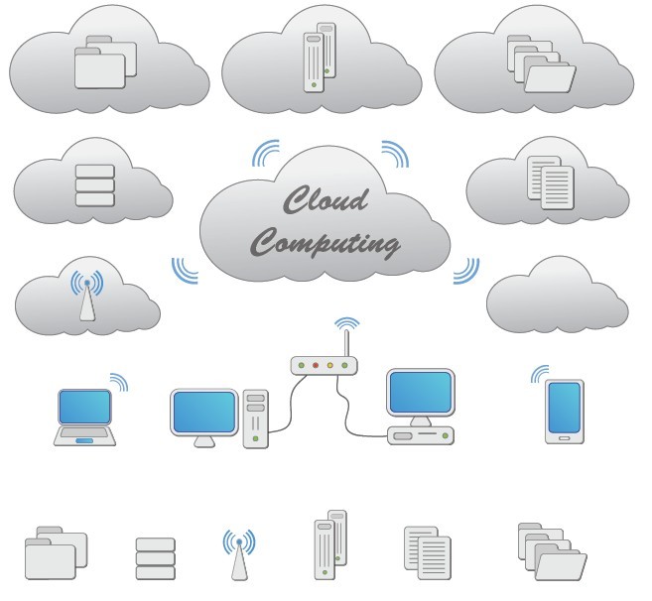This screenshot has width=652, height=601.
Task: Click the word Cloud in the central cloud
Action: (x=325, y=200)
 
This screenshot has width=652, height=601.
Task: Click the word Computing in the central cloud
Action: (x=325, y=240)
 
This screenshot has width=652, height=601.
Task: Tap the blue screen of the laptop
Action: (x=86, y=407)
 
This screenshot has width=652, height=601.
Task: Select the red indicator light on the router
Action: (x=316, y=365)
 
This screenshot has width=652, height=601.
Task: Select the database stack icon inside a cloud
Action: (x=95, y=185)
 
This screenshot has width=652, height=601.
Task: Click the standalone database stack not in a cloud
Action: (x=155, y=558)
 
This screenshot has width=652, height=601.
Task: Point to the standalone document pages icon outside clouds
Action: (x=428, y=551)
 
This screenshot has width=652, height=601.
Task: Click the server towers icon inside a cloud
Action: (x=317, y=61)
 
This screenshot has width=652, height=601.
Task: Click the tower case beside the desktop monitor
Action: (x=256, y=416)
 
